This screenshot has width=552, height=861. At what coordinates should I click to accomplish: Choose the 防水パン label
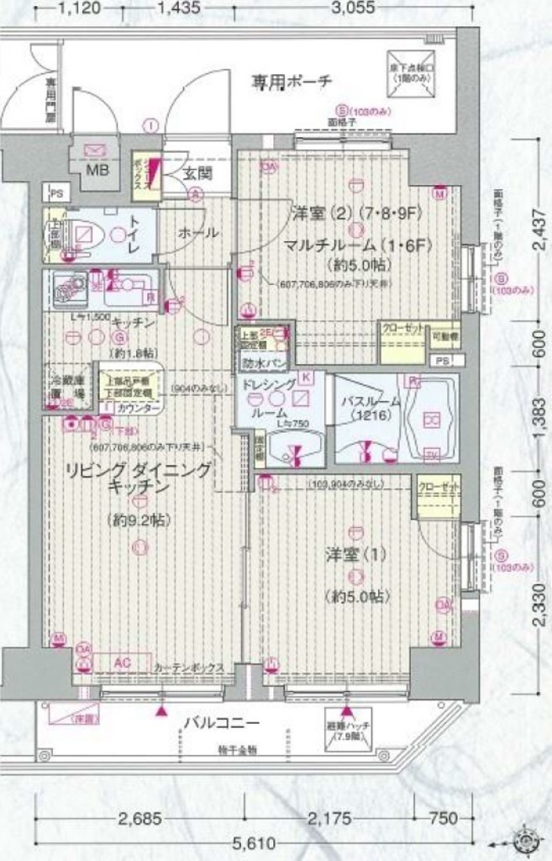point(258,362)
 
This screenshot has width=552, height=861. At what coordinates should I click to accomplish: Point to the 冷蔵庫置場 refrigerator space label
point(66,386)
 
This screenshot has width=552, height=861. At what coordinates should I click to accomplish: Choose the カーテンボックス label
point(189,668)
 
